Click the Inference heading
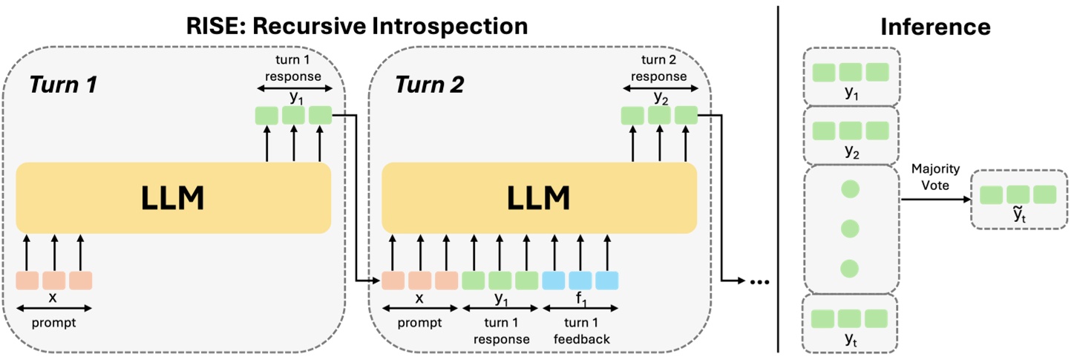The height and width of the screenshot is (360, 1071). [935, 27]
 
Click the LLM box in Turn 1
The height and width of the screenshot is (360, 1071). [173, 197]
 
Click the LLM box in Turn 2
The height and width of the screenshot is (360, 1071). [539, 197]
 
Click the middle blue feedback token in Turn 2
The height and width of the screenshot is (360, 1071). [580, 281]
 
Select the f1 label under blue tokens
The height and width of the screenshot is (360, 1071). [580, 298]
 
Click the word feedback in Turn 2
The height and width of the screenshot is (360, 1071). [580, 338]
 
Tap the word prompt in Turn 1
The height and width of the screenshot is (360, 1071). [53, 324]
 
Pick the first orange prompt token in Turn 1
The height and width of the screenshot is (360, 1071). [27, 281]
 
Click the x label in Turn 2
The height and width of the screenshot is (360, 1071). [419, 298]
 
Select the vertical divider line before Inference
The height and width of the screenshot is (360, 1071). [777, 178]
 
